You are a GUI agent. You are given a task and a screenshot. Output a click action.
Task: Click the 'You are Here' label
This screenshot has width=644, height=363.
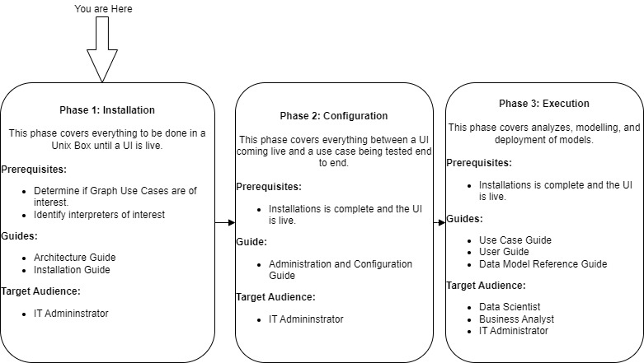coord(102,9)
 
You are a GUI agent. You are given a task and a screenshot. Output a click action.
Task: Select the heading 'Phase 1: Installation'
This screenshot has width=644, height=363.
coord(107,109)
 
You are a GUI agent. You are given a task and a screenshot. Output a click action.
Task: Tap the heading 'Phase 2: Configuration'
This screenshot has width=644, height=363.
coord(335,115)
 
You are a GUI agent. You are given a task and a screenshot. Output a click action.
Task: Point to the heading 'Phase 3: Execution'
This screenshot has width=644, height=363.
coord(544,104)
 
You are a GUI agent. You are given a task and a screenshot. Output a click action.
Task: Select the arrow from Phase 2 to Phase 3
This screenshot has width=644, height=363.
coord(440,222)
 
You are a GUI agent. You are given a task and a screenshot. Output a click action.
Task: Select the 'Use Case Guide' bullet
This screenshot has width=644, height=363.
coord(515,240)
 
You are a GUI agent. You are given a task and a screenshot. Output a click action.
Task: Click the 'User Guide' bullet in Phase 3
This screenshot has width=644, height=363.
coord(505,252)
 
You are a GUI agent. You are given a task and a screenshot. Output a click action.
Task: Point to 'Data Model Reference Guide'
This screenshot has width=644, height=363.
coord(543,263)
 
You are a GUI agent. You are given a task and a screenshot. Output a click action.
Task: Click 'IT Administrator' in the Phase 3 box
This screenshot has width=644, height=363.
coord(514,330)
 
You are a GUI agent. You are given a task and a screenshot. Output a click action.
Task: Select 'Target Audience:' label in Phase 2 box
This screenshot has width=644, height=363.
coord(276,297)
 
